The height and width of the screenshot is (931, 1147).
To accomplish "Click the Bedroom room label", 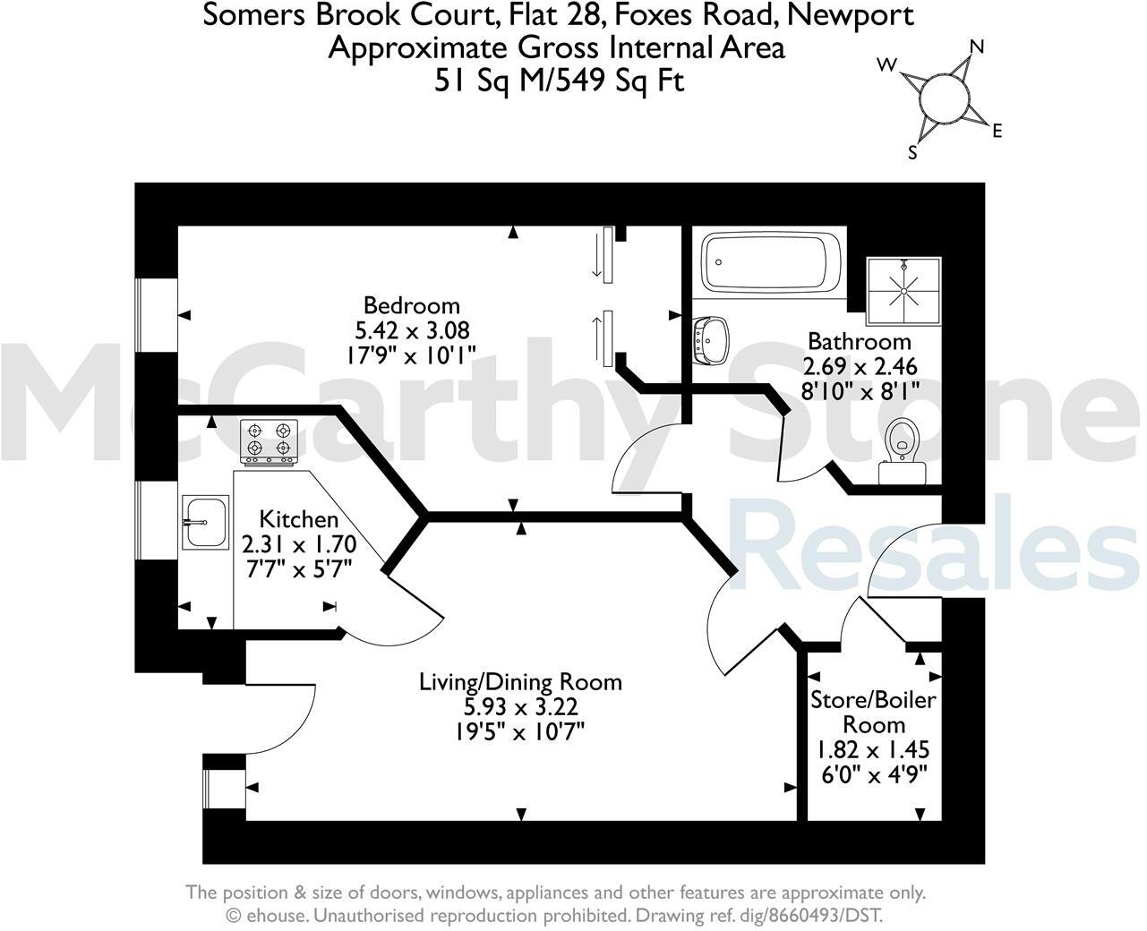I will (x=411, y=305).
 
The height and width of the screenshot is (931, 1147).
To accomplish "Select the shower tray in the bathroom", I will (x=903, y=290).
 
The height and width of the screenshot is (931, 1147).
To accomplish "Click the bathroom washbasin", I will (x=711, y=340).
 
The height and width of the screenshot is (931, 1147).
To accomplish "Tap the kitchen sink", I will (x=204, y=522).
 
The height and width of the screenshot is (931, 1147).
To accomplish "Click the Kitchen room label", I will (x=299, y=519).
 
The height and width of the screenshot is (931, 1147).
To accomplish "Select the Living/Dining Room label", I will (x=520, y=682).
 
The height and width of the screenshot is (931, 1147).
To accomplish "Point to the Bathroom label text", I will (x=859, y=342).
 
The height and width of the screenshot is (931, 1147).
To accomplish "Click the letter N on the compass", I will (x=977, y=47).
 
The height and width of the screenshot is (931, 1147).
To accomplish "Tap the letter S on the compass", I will (x=913, y=153).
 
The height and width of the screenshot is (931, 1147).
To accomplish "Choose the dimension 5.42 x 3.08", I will (x=412, y=330).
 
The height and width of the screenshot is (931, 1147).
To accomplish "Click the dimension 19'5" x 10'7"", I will (x=520, y=731).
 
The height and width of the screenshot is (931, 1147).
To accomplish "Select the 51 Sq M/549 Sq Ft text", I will (x=559, y=81).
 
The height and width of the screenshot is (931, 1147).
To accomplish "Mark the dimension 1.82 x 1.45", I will (x=873, y=749).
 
